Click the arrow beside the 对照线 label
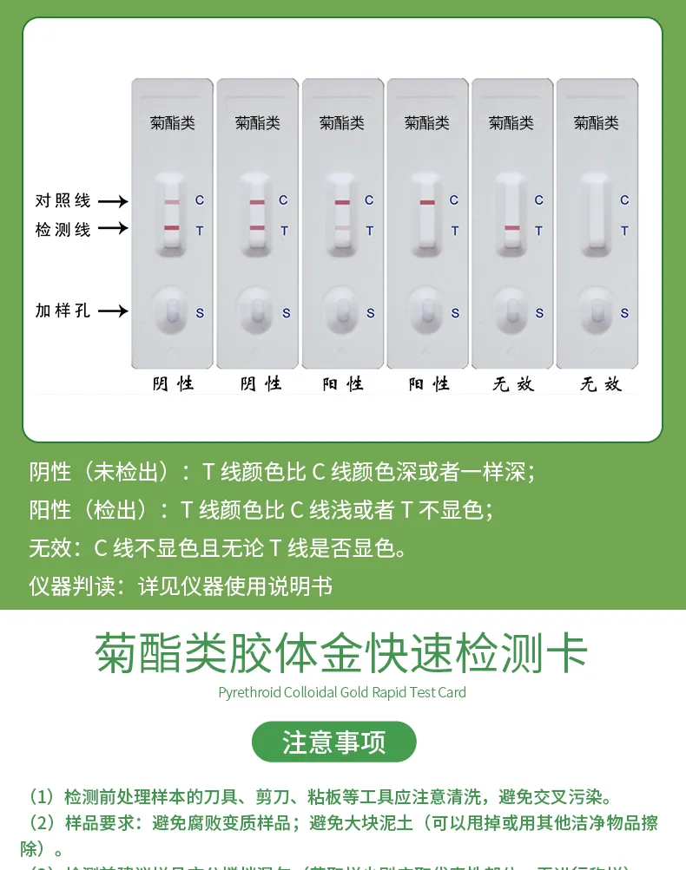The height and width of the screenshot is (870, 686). click(x=112, y=201)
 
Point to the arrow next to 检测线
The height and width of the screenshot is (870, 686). click(x=112, y=229)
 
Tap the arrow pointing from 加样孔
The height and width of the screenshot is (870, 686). click(x=112, y=311)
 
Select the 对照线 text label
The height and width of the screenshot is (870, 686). click(x=63, y=200)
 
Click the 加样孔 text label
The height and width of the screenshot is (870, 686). click(x=63, y=310)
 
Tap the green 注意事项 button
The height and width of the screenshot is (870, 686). click(x=334, y=742)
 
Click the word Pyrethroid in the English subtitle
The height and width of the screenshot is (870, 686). click(x=249, y=692)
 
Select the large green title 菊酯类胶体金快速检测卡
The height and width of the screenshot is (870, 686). click(x=342, y=653)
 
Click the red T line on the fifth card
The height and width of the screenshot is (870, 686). click(x=511, y=228)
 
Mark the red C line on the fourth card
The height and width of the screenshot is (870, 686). click(x=427, y=202)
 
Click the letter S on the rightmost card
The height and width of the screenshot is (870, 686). click(x=623, y=313)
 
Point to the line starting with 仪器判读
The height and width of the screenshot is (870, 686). click(x=181, y=586)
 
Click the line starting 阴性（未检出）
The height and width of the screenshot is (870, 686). click(x=281, y=472)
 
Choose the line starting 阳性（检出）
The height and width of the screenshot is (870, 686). click(x=261, y=510)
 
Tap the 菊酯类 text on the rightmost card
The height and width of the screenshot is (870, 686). click(x=596, y=123)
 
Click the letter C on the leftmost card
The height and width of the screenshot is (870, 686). click(x=199, y=200)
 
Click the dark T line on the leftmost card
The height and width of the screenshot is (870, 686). click(x=172, y=228)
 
